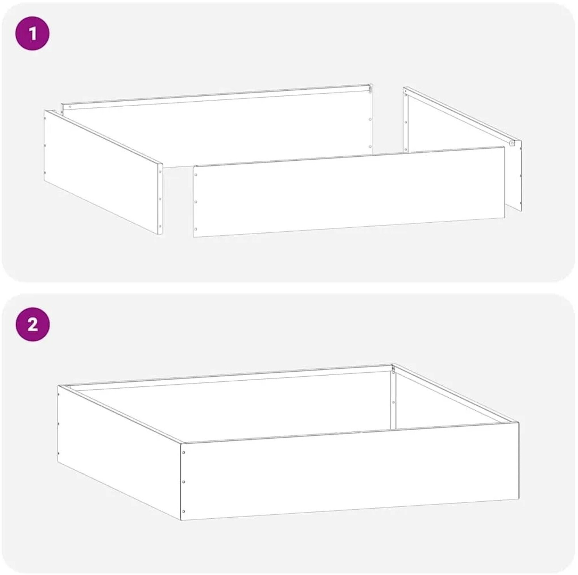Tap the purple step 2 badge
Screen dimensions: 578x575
(x=33, y=324)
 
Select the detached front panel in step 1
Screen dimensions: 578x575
(x=349, y=192)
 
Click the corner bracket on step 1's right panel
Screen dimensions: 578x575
(x=513, y=143)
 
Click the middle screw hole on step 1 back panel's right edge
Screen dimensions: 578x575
(x=370, y=120)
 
